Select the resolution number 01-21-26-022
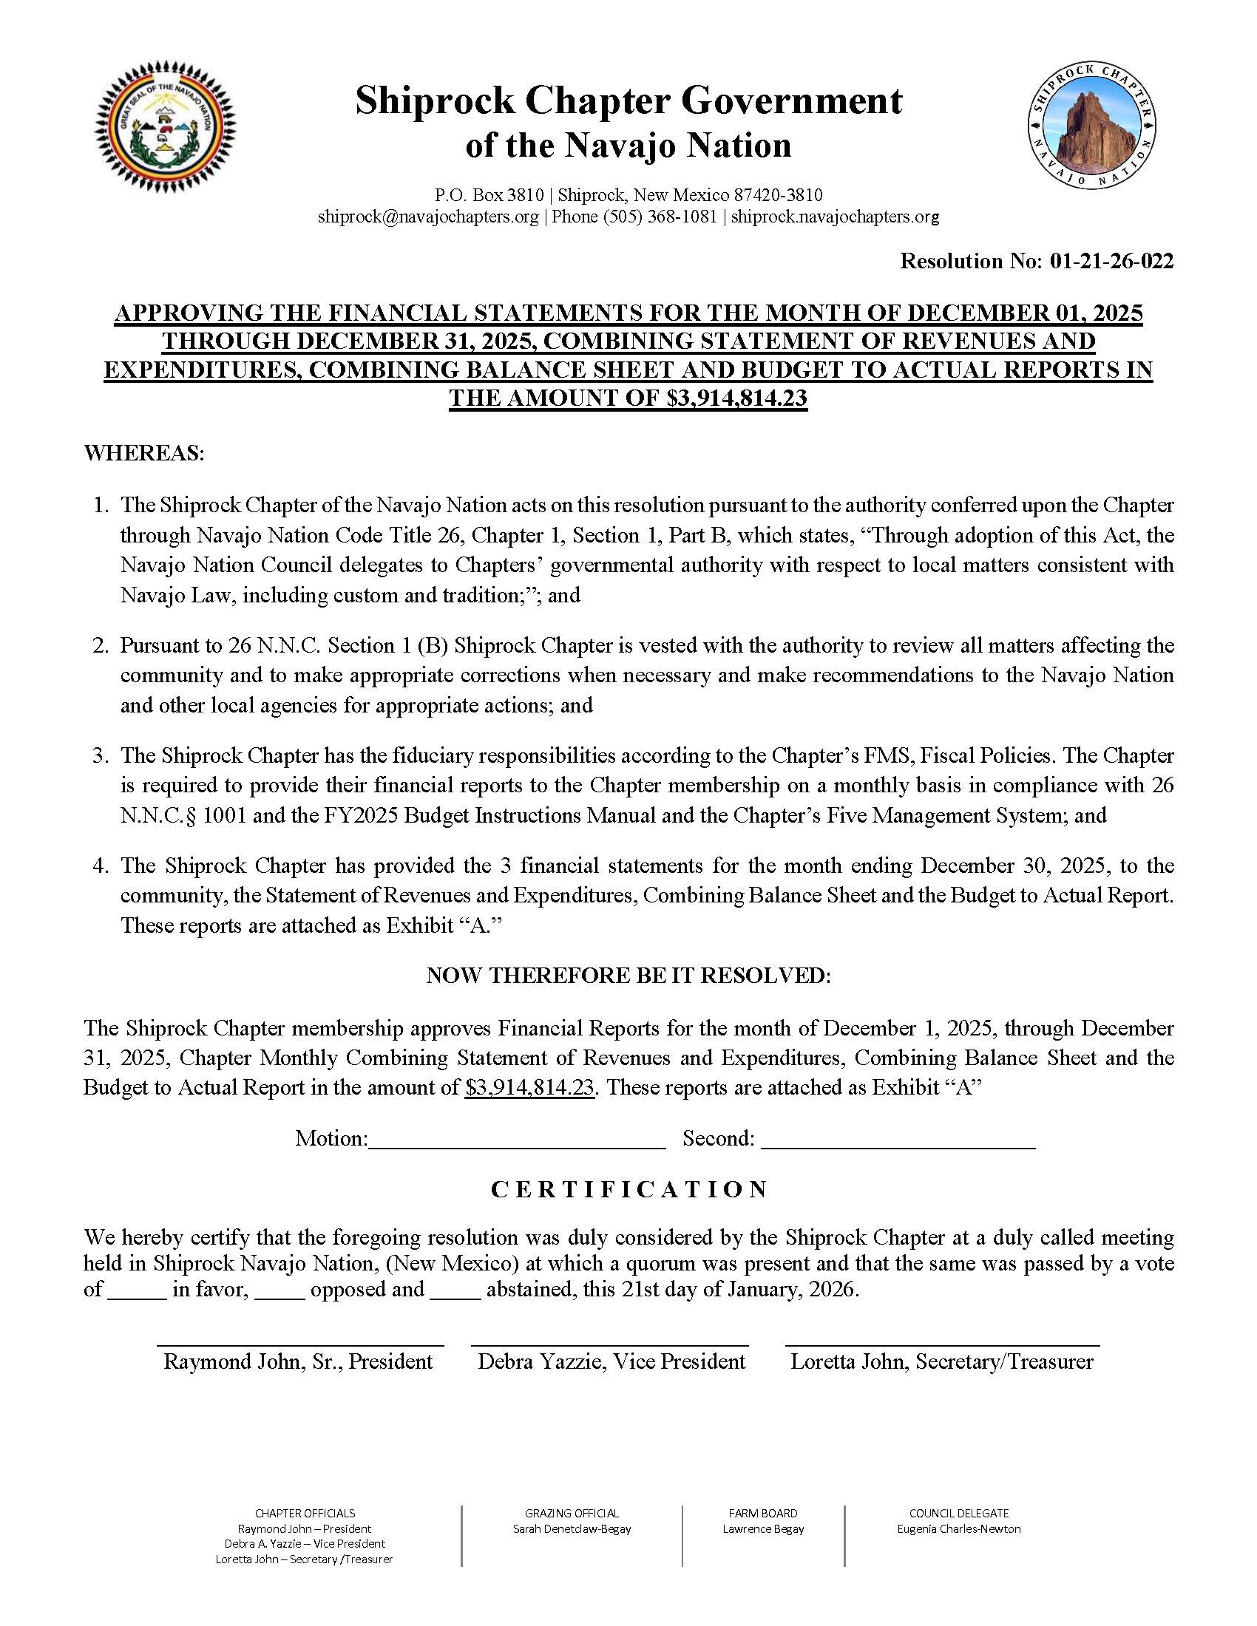(1111, 261)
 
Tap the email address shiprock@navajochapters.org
(428, 217)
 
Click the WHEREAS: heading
(143, 452)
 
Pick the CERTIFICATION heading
(629, 1190)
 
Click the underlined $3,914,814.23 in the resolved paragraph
(529, 1088)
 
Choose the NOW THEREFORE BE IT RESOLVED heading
(628, 976)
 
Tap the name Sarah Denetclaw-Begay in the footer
(572, 1528)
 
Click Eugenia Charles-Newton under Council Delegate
(958, 1528)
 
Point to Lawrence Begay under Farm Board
(763, 1528)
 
